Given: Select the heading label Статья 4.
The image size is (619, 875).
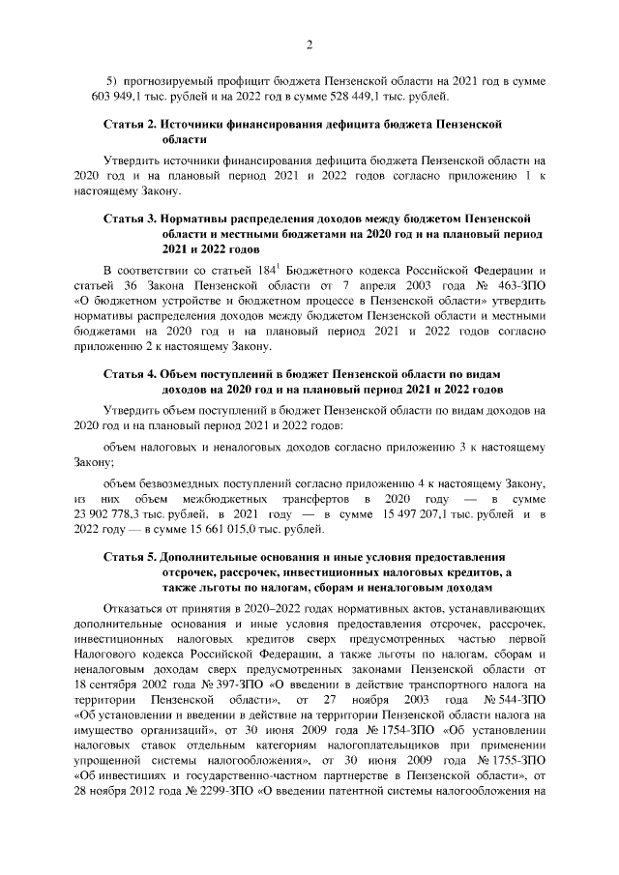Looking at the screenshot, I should pos(131,373).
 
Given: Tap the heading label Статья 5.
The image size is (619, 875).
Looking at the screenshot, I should pos(131,559).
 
